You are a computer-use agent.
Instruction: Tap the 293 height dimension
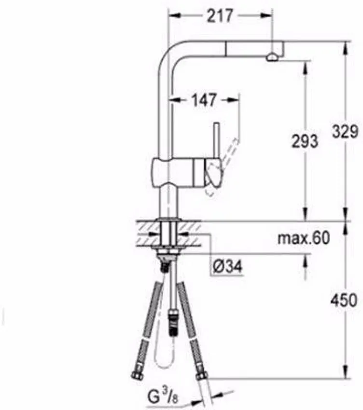point(305,141)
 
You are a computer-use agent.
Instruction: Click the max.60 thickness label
point(303,238)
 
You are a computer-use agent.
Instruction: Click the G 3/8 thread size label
point(163,398)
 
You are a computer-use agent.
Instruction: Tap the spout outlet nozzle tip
point(271,57)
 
